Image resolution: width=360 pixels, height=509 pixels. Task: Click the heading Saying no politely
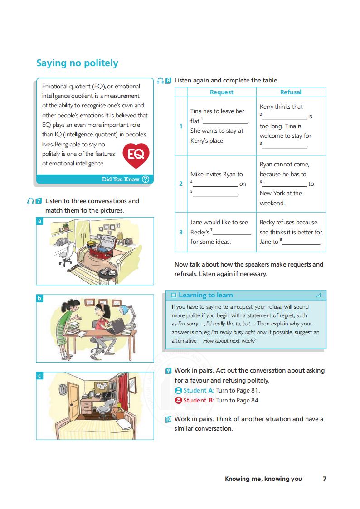pyautogui.click(x=77, y=63)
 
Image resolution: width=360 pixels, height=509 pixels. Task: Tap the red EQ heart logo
pyautogui.click(x=136, y=154)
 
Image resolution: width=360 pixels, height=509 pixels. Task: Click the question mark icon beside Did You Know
pyautogui.click(x=145, y=179)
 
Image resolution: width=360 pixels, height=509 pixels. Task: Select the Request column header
pyautogui.click(x=221, y=92)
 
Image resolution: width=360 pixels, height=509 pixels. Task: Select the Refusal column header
pyautogui.click(x=291, y=92)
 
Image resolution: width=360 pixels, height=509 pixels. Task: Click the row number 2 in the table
pyautogui.click(x=181, y=184)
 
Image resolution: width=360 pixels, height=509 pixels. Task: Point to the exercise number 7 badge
pyautogui.click(x=39, y=201)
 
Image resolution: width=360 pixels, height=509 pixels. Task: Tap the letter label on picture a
pyautogui.click(x=40, y=221)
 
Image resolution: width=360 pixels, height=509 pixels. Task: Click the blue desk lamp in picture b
pyautogui.click(x=123, y=310)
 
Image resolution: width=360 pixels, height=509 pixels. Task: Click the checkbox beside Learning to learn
pyautogui.click(x=174, y=295)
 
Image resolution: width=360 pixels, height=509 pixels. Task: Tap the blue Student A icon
pyautogui.click(x=178, y=391)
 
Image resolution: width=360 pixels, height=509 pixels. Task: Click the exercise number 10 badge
pyautogui.click(x=168, y=419)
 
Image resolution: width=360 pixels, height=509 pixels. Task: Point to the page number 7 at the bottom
pyautogui.click(x=324, y=479)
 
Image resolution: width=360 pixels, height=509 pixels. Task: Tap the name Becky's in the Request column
pyautogui.click(x=200, y=232)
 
